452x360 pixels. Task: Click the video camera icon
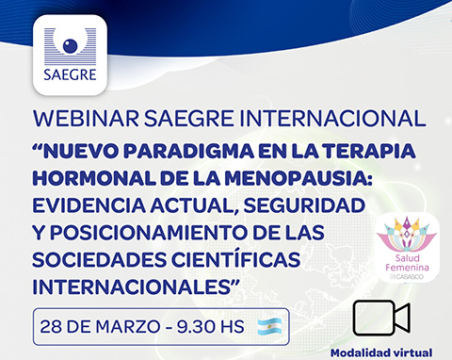click(x=382, y=319)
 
